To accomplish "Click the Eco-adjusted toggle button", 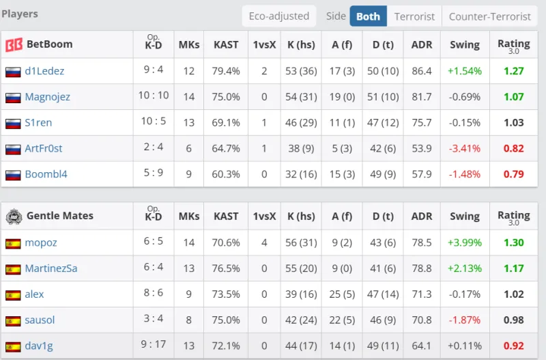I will click(x=278, y=16).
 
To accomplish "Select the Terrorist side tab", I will click(x=414, y=16).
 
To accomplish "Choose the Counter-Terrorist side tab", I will click(x=489, y=16).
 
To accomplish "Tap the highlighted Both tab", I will click(x=368, y=16).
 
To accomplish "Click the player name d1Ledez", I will click(x=44, y=71).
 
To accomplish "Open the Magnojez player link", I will click(x=47, y=97).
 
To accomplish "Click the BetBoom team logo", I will click(x=14, y=45).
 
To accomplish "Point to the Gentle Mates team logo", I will click(x=14, y=217).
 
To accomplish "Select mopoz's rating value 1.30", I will click(x=513, y=243).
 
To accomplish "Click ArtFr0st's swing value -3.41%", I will click(x=465, y=148).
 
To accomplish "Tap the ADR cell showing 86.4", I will click(x=422, y=71).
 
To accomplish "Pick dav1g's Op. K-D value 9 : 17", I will click(x=153, y=345).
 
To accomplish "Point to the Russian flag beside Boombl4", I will click(x=13, y=175).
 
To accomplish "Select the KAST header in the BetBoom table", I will click(x=226, y=44).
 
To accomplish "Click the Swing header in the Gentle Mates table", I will click(x=465, y=216).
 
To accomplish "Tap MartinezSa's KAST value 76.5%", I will click(x=226, y=268).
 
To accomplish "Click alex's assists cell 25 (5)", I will click(x=342, y=294).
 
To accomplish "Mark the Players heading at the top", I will click(x=20, y=14).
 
